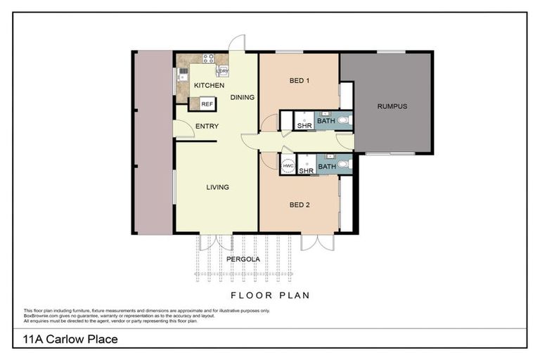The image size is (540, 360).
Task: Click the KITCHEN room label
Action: point(209,85)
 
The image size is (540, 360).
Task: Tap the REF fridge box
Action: point(207,104)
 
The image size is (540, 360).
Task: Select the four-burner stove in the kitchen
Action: point(208,59)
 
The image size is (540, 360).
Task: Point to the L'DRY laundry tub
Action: point(222,70)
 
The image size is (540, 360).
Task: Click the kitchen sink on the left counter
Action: point(183,72)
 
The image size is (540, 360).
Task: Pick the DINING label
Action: point(242,97)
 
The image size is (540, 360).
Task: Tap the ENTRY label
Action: point(207,127)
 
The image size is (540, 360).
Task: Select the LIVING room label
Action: point(217,187)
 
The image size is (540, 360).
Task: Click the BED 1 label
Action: point(300,80)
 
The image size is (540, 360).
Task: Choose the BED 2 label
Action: point(300,205)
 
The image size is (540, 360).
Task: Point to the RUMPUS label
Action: point(392,106)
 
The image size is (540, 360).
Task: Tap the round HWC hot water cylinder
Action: point(288,165)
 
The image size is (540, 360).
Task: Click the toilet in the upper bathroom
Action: point(343,121)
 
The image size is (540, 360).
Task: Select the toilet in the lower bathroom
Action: point(343,165)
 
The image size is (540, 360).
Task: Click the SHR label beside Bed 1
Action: point(304,127)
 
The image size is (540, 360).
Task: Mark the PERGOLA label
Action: point(243,259)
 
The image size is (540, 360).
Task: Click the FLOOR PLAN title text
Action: point(271,295)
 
